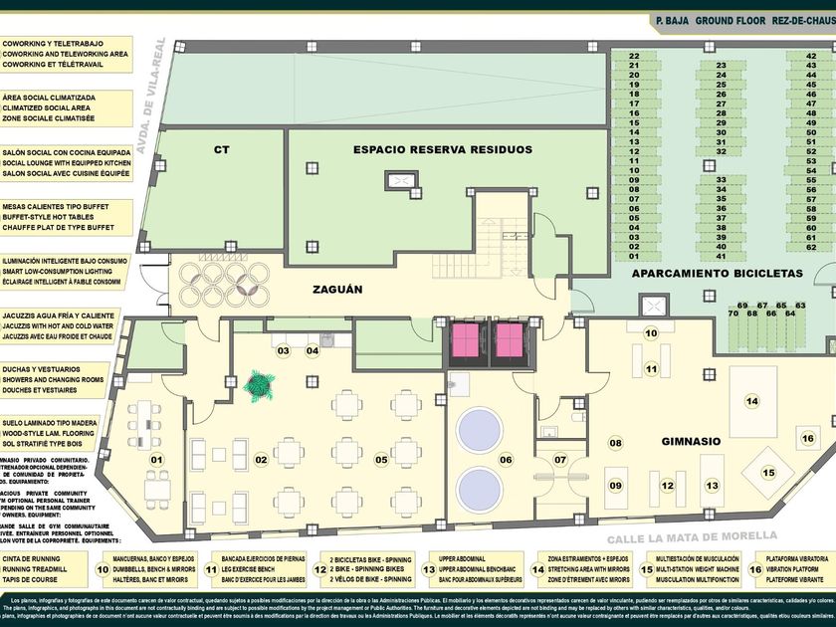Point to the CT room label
coord(222,149)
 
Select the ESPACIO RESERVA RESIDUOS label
coord(442,149)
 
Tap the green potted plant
coord(261,384)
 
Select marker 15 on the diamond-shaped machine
coord(767,473)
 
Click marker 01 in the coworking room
coord(155,459)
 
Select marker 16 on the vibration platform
coord(807,439)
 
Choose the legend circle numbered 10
coord(103,569)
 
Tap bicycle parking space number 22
coord(634,56)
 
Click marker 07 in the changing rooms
coord(560,459)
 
